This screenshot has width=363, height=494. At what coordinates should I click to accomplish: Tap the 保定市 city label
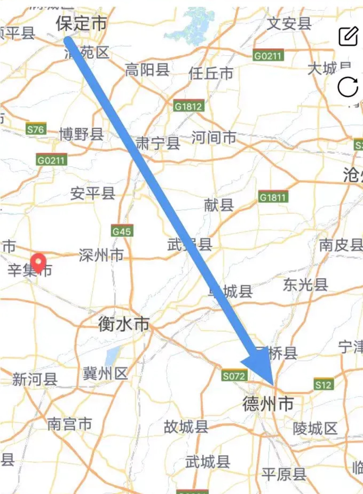coord(81,24)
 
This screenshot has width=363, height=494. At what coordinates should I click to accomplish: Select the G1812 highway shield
coord(189,106)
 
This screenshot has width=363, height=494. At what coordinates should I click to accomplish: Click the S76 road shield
coord(36,129)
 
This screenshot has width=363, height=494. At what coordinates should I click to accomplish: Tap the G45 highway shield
coord(122,231)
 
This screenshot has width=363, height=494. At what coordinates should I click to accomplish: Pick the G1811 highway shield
coord(273,197)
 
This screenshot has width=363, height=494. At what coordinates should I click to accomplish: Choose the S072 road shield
coord(234,376)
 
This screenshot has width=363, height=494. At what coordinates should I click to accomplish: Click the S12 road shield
coord(323,385)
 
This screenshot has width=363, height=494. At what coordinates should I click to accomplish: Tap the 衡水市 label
coord(123,324)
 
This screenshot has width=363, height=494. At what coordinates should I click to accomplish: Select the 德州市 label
coord(268,403)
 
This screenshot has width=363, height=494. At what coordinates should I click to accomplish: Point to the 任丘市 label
coord(211,73)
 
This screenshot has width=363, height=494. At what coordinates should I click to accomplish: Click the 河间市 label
coord(214,138)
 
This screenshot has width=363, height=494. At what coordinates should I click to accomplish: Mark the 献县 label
coord(219,205)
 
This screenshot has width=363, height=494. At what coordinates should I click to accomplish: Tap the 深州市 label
coord(101,255)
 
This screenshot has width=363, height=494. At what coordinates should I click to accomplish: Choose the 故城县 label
coord(186,426)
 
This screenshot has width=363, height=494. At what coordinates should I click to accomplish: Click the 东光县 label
coord(305,284)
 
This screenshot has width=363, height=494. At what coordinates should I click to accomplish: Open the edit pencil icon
coord(348,36)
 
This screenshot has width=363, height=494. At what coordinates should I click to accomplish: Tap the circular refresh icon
coord(348,87)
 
